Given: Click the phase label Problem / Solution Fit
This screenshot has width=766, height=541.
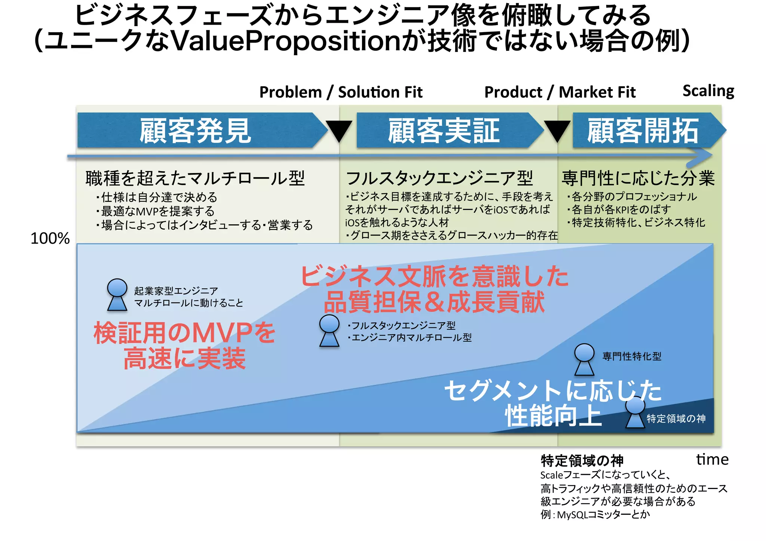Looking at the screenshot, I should tap(341, 92).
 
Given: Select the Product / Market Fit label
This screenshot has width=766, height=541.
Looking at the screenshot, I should tap(560, 92).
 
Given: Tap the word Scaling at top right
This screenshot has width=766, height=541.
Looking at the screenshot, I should tap(708, 91).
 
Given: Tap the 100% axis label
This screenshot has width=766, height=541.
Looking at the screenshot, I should tap(50, 239).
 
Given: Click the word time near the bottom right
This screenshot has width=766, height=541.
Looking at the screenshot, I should tap(712, 459).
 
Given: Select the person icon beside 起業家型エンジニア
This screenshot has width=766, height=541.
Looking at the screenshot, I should tap(117, 295).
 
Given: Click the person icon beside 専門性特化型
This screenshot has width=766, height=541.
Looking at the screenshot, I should tap(584, 359).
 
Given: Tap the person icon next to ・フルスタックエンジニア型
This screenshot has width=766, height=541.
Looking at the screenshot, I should tap(329, 331).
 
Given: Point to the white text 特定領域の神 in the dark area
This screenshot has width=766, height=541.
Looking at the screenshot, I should tap(676, 418).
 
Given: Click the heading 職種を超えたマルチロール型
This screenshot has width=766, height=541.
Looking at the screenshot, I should tap(195, 178).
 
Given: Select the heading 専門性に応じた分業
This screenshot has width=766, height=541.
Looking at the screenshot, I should tap(638, 178).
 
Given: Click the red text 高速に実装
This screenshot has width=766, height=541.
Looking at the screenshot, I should tap(184, 358).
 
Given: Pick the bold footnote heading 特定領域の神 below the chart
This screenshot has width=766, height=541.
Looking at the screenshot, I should tap(582, 461).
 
